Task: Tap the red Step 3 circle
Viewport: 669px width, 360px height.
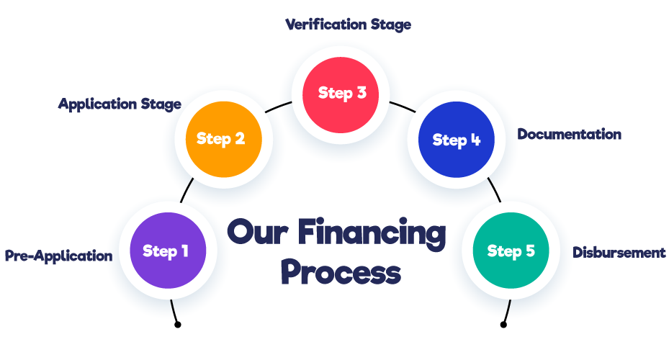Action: (341, 94)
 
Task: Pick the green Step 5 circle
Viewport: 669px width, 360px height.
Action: (511, 251)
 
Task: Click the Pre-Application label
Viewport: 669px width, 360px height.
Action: (58, 256)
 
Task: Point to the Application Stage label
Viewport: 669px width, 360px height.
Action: (120, 104)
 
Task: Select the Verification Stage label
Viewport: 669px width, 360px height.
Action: (348, 24)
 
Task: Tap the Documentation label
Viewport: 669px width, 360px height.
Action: (569, 135)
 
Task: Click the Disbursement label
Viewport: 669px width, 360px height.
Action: (619, 253)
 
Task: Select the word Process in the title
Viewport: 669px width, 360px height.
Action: (340, 273)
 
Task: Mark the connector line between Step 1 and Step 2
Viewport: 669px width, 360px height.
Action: (187, 190)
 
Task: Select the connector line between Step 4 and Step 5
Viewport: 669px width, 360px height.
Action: (494, 189)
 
